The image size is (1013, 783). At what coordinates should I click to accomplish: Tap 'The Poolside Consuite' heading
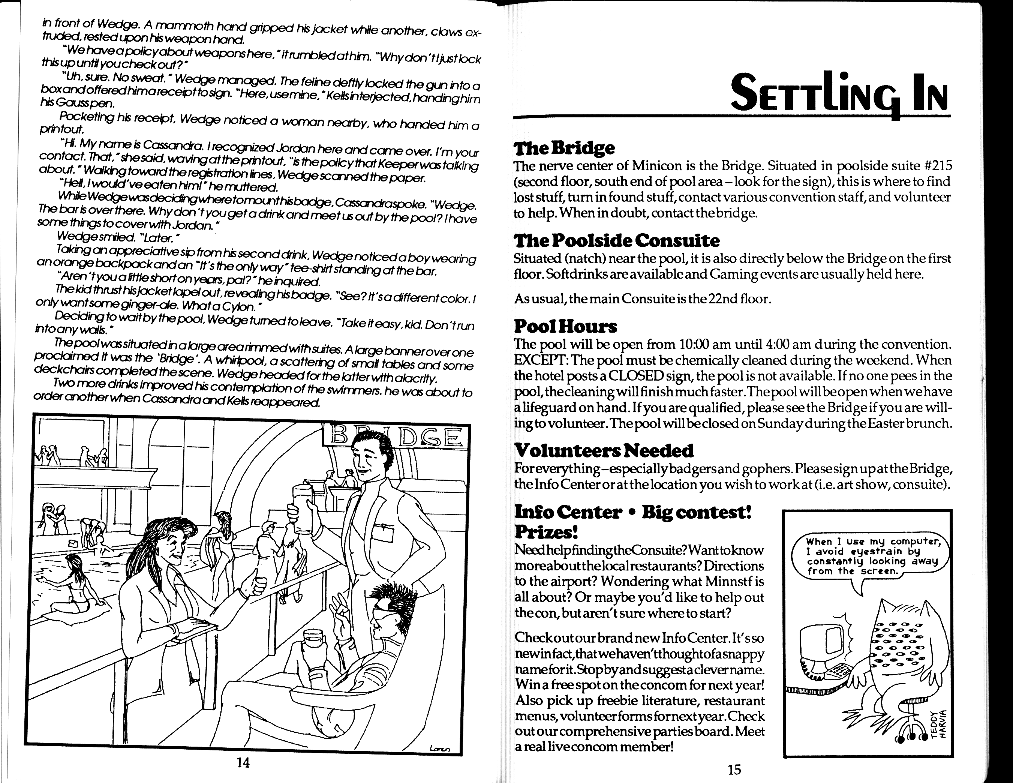(x=617, y=240)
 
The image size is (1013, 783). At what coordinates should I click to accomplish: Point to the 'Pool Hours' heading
(x=565, y=327)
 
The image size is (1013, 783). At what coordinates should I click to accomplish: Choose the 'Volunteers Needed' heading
(x=604, y=450)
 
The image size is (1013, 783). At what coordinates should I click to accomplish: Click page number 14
(x=243, y=763)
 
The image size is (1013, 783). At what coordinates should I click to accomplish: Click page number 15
(x=734, y=769)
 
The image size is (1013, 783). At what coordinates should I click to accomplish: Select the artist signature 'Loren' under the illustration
(x=440, y=747)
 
